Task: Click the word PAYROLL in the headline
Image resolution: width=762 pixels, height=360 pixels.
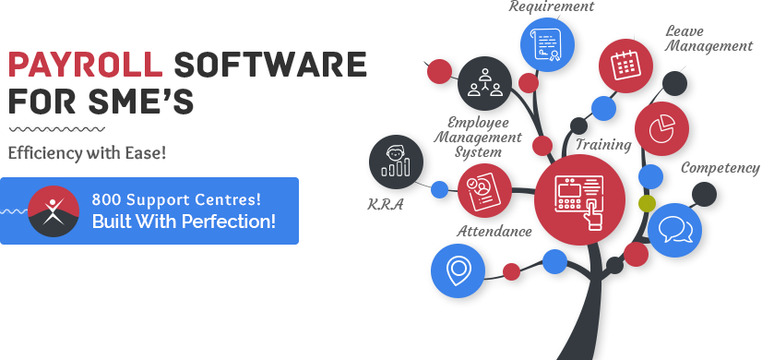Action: (x=85, y=65)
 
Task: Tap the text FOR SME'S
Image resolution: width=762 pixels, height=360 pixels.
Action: (x=101, y=99)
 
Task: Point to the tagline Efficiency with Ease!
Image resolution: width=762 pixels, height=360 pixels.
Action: (x=87, y=152)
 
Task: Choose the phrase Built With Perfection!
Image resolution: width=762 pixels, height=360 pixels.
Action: (x=184, y=222)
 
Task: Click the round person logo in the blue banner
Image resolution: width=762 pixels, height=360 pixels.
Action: (x=54, y=210)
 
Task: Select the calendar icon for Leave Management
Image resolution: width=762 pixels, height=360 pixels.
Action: (x=625, y=64)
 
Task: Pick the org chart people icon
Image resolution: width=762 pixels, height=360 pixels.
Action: (x=483, y=80)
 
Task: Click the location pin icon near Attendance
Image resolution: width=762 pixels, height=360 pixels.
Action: (x=458, y=270)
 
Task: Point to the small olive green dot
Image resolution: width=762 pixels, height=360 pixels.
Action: (x=647, y=202)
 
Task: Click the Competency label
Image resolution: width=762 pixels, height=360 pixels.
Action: (x=720, y=169)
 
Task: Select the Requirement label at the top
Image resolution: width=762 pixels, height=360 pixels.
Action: (x=552, y=6)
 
